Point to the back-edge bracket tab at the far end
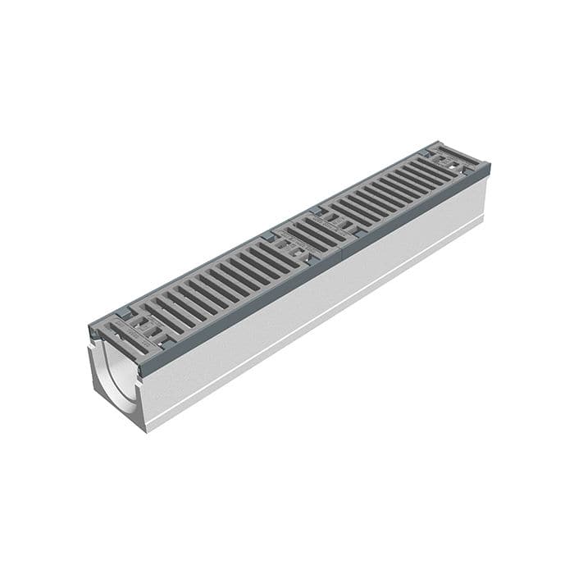click(430, 148)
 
